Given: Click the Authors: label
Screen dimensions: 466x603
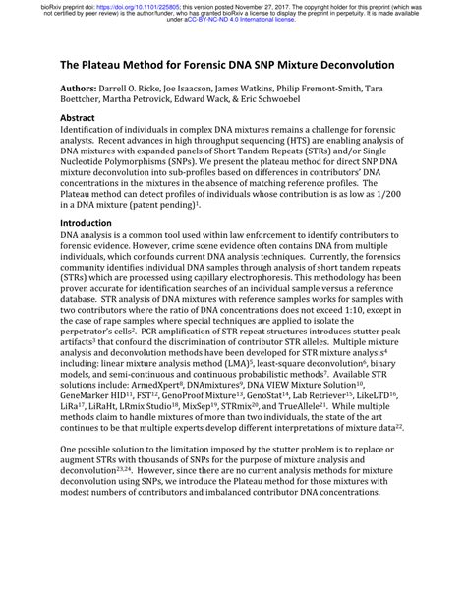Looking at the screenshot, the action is [85, 89].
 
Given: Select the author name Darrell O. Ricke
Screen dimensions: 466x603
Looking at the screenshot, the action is [148, 89].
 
